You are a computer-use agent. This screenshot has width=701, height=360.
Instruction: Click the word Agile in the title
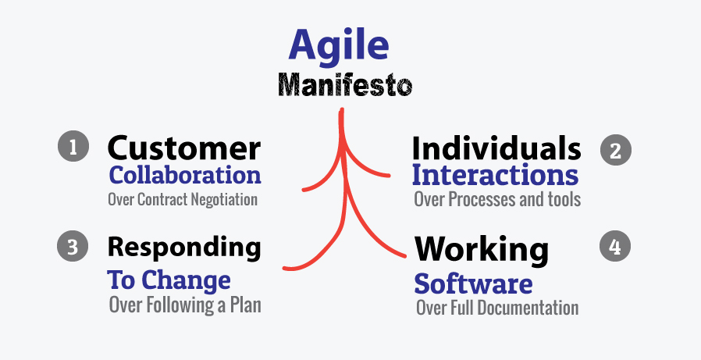point(339,47)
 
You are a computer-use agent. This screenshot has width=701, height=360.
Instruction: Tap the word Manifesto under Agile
point(345,85)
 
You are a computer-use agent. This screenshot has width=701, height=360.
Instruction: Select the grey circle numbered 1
point(73,146)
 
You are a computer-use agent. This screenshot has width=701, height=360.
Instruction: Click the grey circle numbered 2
point(616,150)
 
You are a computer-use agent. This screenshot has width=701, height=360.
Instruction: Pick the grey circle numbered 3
point(73,247)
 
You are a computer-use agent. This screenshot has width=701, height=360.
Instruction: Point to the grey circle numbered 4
point(614,245)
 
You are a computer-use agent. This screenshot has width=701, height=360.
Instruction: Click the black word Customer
point(183,148)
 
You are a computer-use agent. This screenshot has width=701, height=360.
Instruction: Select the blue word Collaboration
point(185,175)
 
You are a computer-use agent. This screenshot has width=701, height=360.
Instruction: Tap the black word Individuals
point(496,148)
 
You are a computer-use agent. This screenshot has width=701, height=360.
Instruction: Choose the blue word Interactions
point(496,175)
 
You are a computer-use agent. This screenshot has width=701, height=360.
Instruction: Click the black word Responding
point(184,248)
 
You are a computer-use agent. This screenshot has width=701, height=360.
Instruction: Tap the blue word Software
point(473,283)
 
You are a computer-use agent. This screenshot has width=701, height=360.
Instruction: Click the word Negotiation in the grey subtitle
point(224,199)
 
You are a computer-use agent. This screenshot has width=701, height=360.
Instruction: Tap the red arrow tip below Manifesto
point(342,109)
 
